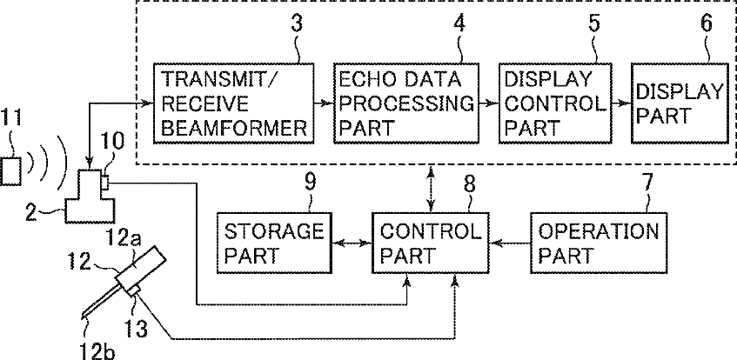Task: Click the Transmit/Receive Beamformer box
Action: pyautogui.click(x=233, y=103)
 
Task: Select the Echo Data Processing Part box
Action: pyautogui.click(x=406, y=103)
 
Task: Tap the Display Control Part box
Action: pyautogui.click(x=555, y=103)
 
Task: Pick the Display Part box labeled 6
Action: pyautogui.click(x=678, y=103)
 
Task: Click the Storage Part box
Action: pyautogui.click(x=274, y=243)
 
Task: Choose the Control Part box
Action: pyautogui.click(x=431, y=243)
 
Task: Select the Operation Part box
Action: pyautogui.click(x=599, y=243)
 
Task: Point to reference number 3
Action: pyautogui.click(x=296, y=23)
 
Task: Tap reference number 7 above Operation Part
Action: pyautogui.click(x=647, y=183)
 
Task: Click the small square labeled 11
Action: pyautogui.click(x=10, y=170)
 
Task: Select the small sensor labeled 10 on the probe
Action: pyautogui.click(x=104, y=183)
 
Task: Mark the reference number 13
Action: pyautogui.click(x=136, y=328)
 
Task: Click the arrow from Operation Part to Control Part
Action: pyautogui.click(x=510, y=243)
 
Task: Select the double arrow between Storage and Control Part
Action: pyautogui.click(x=352, y=243)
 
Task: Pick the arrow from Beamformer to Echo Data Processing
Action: pyautogui.click(x=324, y=103)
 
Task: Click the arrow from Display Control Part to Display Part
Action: pyautogui.click(x=622, y=103)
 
